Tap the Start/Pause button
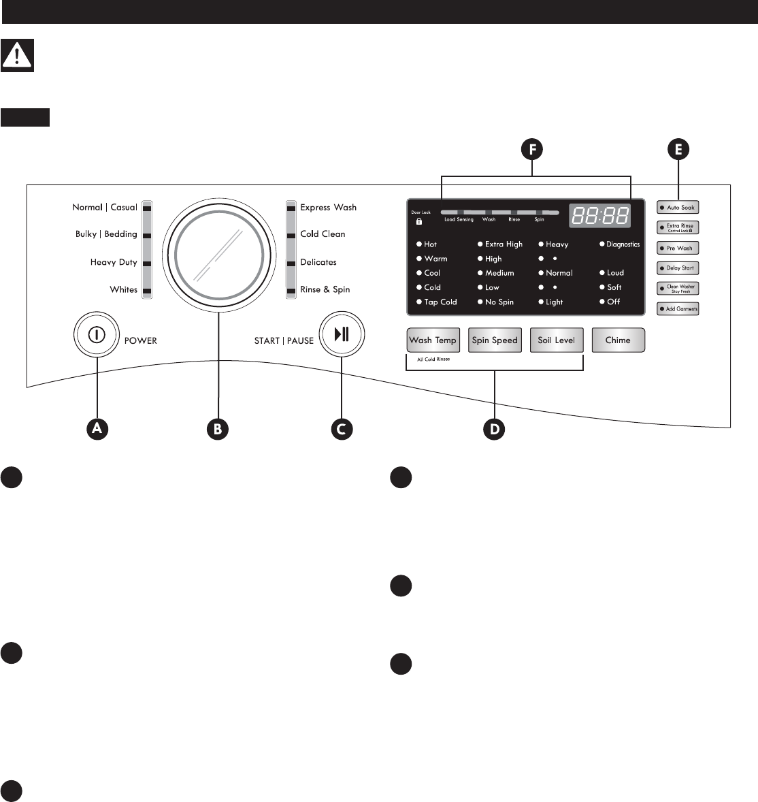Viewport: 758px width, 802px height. (x=342, y=334)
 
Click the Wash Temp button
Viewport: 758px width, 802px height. (x=433, y=340)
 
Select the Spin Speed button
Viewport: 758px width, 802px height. (x=495, y=340)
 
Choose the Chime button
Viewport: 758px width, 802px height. (x=618, y=340)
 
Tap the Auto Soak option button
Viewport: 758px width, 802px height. (x=678, y=207)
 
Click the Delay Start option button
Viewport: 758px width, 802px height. (x=678, y=268)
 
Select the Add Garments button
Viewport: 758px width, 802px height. (x=678, y=309)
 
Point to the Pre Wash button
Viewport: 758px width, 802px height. (x=678, y=248)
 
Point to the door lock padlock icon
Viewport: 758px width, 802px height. (x=419, y=221)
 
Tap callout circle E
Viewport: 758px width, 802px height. (x=678, y=150)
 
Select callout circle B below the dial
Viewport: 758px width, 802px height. (x=218, y=428)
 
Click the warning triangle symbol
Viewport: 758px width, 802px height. (x=18, y=56)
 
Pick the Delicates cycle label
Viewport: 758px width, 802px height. (x=318, y=262)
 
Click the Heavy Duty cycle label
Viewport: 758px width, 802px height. (x=114, y=262)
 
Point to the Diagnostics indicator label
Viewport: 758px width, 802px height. (x=623, y=244)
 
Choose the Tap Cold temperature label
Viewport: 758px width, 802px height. (x=440, y=302)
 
